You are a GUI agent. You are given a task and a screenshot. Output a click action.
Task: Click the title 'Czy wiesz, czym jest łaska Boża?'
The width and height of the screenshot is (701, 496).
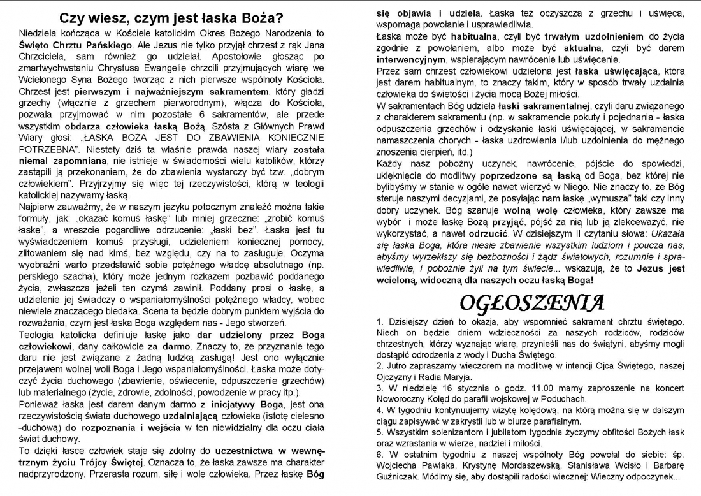pyautogui.click(x=172, y=18)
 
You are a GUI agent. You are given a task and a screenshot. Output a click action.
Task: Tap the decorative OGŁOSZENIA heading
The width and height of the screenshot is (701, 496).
pyautogui.click(x=531, y=301)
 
